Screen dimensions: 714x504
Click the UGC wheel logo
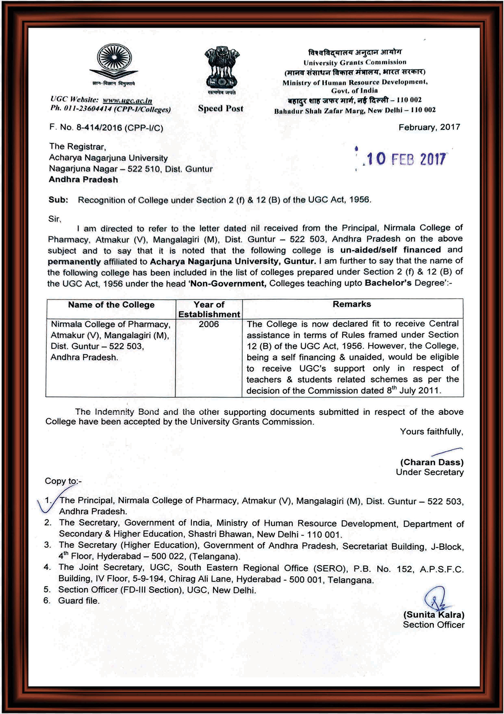(113, 61)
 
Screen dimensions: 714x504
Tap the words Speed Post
(221, 109)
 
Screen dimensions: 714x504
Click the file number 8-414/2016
(99, 128)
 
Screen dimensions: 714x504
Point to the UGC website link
(127, 100)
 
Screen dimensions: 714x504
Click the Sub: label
(58, 200)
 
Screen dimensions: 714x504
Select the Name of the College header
(111, 305)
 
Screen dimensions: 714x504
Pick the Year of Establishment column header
(209, 309)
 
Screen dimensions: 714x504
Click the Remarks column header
(352, 304)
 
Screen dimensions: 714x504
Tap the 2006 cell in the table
(209, 324)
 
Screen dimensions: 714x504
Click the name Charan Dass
(432, 462)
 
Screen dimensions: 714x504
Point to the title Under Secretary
(430, 472)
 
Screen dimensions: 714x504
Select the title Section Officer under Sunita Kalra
(433, 625)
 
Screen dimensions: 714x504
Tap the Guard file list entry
(79, 600)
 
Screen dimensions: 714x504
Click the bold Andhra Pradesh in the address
(83, 180)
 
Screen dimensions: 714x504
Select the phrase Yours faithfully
(431, 431)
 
